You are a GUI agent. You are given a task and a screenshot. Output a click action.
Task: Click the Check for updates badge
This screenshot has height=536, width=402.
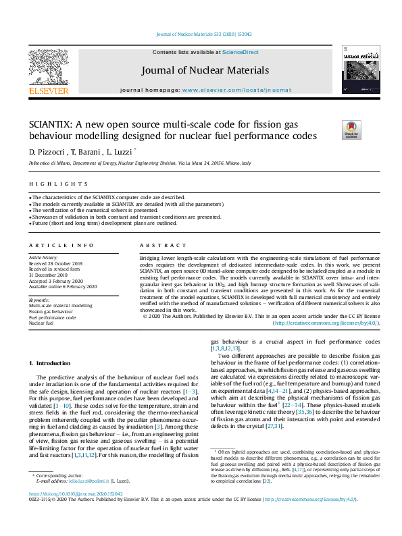[x=351, y=130]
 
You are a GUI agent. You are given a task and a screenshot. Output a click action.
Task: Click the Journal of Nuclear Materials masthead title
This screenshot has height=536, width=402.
[x=205, y=70]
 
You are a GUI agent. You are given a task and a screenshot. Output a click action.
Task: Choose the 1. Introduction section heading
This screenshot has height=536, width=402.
[x=49, y=364]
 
